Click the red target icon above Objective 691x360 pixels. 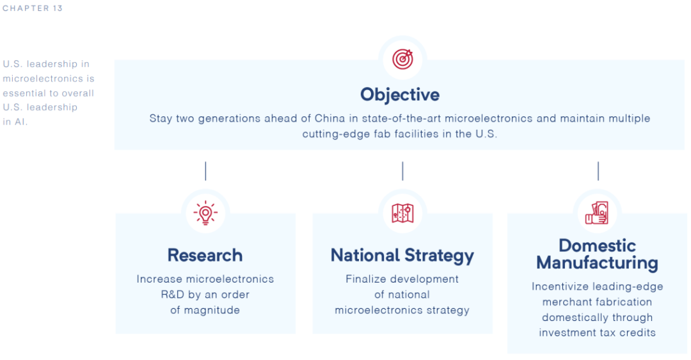click(x=402, y=59)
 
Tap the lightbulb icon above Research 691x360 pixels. click(x=205, y=213)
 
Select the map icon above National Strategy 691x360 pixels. click(x=402, y=214)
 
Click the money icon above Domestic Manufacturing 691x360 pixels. click(x=597, y=213)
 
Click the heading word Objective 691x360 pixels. click(x=400, y=95)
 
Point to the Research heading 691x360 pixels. click(x=205, y=255)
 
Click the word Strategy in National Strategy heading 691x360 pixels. click(x=439, y=256)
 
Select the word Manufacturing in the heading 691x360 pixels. click(x=597, y=263)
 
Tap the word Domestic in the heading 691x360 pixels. click(x=597, y=246)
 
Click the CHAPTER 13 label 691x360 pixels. click(x=33, y=8)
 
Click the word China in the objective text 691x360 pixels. click(x=330, y=118)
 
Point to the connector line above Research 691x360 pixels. click(x=205, y=171)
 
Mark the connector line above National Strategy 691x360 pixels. click(x=402, y=171)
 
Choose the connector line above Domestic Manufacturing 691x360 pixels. click(x=598, y=171)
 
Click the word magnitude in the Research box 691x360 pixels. click(x=212, y=310)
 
